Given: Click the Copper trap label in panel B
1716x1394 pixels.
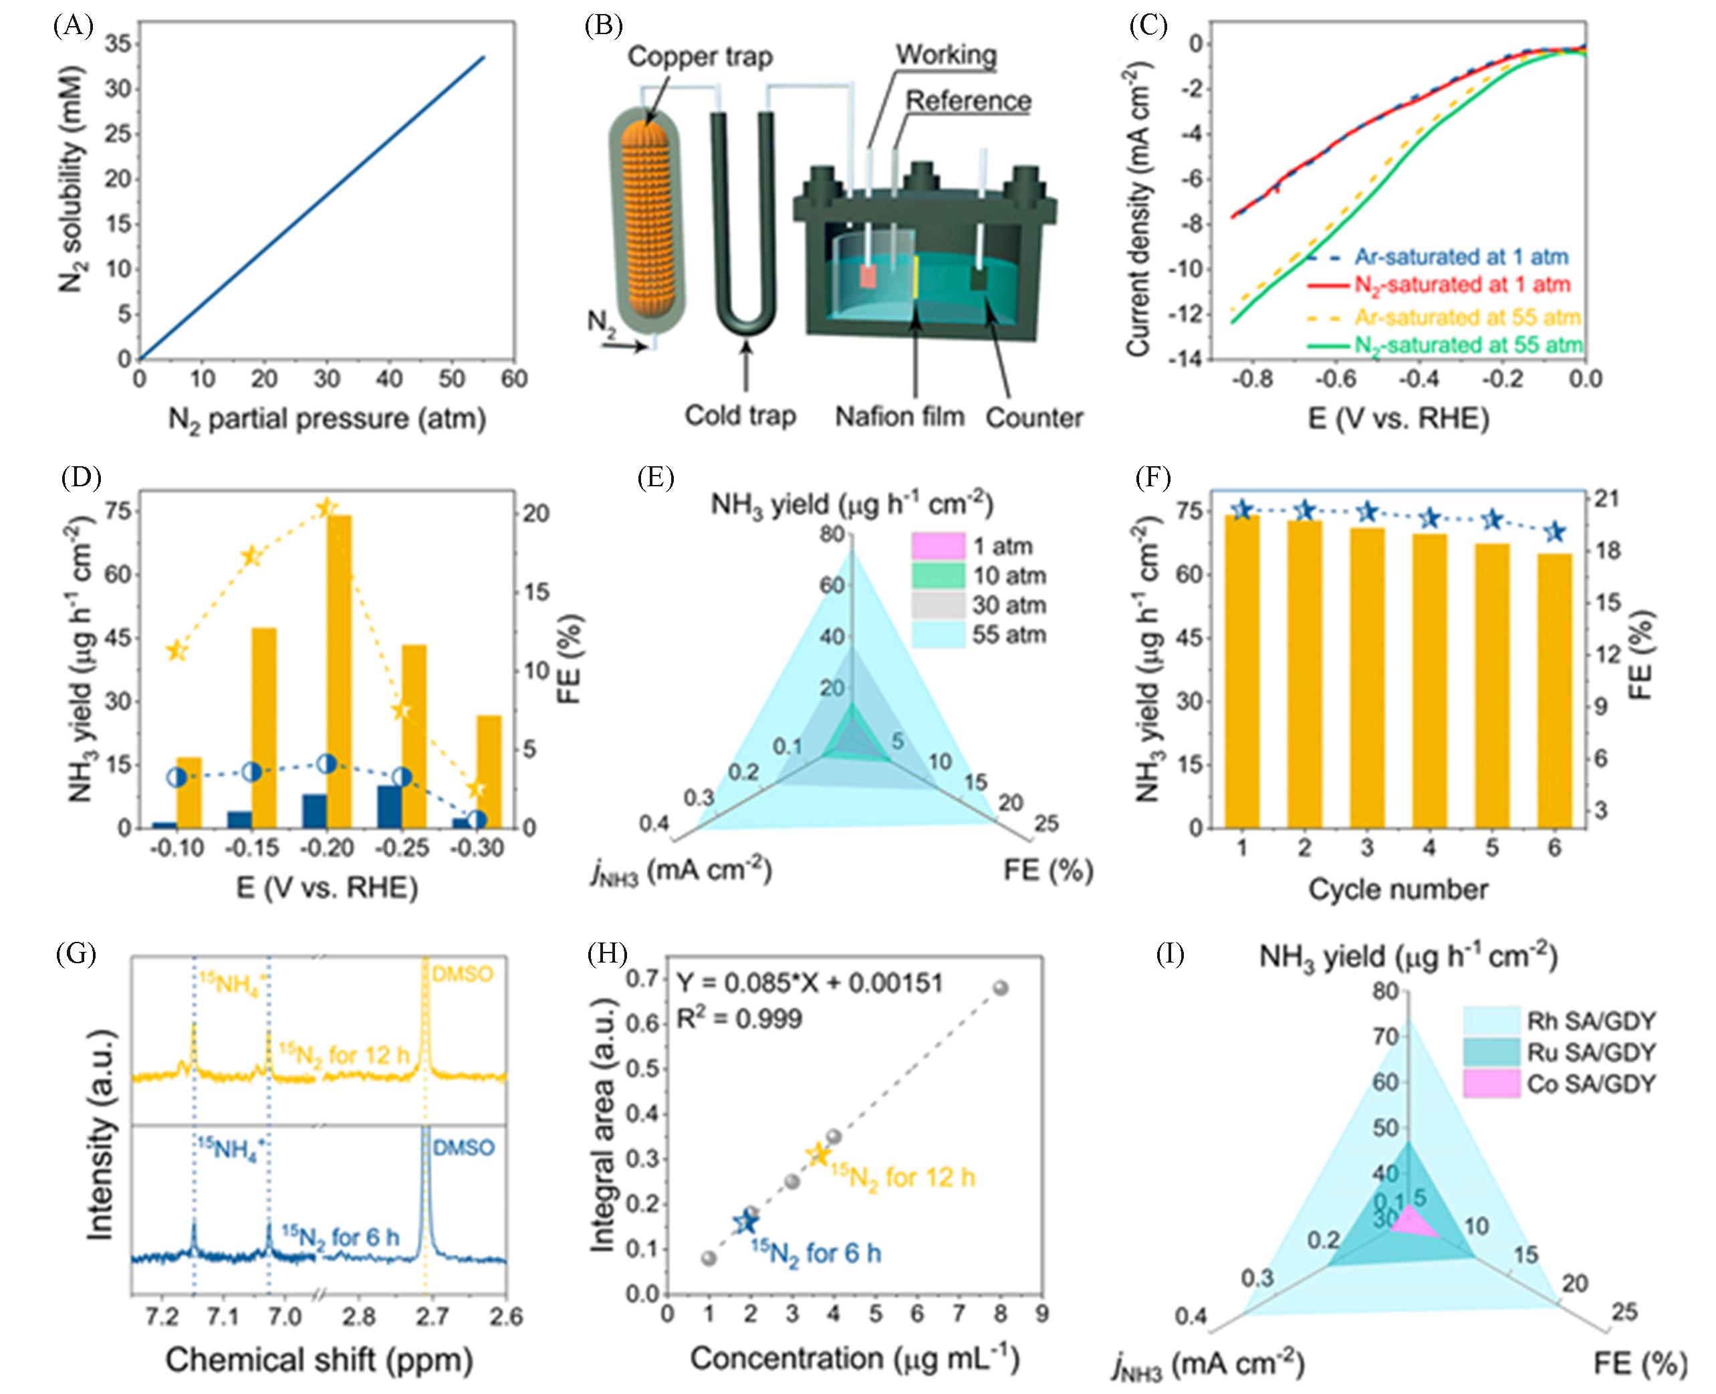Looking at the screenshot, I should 700,56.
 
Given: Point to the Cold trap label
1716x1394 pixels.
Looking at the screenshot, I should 740,415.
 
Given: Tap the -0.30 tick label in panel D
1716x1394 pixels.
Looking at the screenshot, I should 479,848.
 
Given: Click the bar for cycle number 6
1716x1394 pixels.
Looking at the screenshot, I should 1554,690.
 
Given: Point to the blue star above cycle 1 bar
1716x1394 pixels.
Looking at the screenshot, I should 1241,510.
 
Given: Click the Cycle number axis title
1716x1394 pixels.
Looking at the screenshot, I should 1398,890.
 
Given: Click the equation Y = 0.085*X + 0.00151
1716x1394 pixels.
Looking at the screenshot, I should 809,983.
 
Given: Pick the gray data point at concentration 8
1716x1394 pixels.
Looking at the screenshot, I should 1000,988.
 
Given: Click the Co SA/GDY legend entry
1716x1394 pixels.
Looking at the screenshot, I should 1590,1084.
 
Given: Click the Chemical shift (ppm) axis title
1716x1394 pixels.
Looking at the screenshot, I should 319,1361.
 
